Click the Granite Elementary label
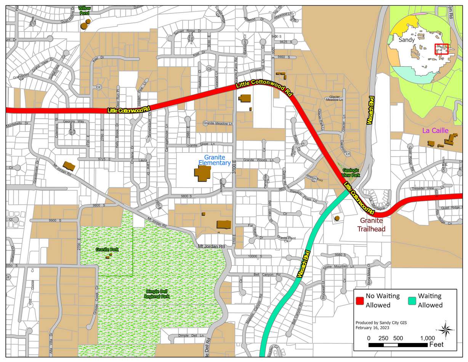(214, 160)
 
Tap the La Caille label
(435, 130)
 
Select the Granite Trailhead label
(372, 225)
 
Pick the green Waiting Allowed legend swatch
(411, 300)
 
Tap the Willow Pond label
(84, 10)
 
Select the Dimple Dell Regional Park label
(157, 294)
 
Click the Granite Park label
(107, 249)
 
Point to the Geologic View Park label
(351, 172)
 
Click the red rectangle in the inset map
(442, 49)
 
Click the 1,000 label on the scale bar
(427, 338)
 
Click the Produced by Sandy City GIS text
(381, 322)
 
